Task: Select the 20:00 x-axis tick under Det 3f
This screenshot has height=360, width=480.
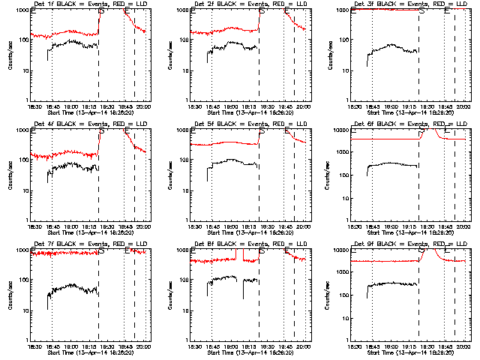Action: (x=463, y=107)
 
